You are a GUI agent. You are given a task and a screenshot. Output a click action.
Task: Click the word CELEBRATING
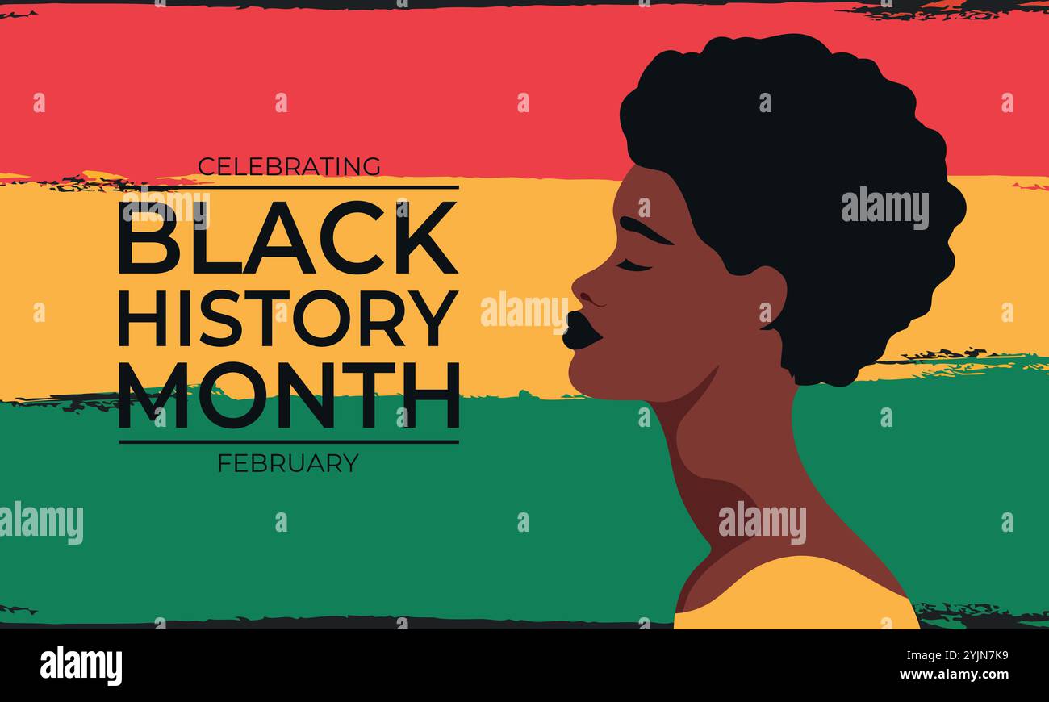(x=289, y=167)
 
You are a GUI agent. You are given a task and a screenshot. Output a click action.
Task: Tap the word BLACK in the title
(x=288, y=239)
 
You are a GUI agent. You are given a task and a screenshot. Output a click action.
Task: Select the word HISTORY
(x=288, y=318)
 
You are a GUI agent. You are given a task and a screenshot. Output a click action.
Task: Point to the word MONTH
(x=289, y=395)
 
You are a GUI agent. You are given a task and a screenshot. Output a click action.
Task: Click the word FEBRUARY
(x=288, y=463)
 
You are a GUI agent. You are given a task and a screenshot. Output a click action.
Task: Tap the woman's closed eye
(x=633, y=265)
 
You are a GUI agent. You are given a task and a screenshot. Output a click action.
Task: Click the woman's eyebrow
(x=645, y=231)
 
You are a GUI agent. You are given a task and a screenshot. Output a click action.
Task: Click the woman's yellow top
(x=795, y=597)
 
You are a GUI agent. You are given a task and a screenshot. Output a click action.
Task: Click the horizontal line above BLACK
(x=288, y=187)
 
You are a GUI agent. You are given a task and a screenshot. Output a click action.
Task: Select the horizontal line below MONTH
(x=288, y=441)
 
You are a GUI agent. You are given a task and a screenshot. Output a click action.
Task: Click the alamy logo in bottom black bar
(x=81, y=666)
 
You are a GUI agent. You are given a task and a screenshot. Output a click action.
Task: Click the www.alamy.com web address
(x=954, y=675)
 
